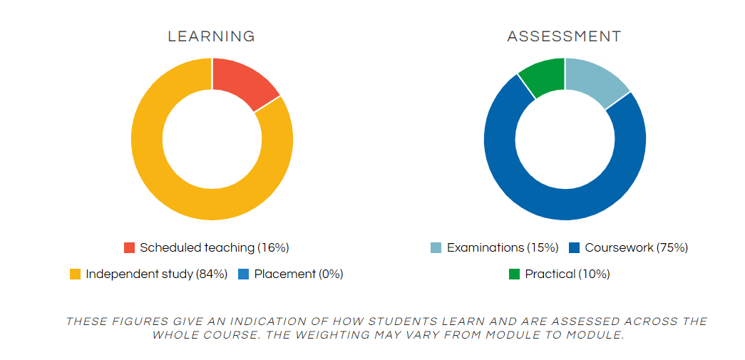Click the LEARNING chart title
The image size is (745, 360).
coord(212,36)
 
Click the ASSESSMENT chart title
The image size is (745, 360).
coord(565,36)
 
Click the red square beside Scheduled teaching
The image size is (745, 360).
coord(129,248)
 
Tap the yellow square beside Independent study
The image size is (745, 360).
coord(75,274)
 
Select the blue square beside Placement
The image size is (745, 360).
coord(243,274)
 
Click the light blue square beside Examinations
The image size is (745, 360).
coord(436,248)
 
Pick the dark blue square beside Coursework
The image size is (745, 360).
coord(575,248)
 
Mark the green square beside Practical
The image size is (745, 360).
coord(514,274)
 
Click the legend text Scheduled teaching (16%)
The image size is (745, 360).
coord(215,248)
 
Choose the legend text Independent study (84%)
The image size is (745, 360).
coord(157,274)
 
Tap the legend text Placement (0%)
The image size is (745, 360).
coord(299,274)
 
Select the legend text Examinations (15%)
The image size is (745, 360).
coord(503,248)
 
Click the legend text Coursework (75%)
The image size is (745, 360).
coord(637,248)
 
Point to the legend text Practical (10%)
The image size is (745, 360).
coord(567,274)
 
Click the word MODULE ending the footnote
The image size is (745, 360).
coord(595,335)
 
